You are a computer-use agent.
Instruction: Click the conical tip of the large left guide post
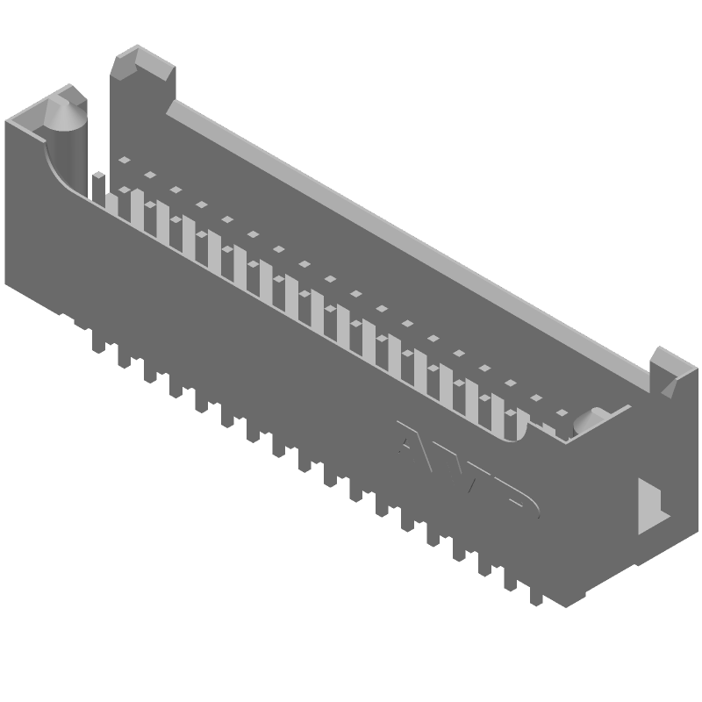click(65, 111)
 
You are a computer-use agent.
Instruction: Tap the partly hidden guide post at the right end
click(591, 422)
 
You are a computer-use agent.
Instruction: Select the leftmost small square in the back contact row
click(125, 160)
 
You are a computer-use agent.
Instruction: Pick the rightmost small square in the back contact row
click(562, 412)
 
